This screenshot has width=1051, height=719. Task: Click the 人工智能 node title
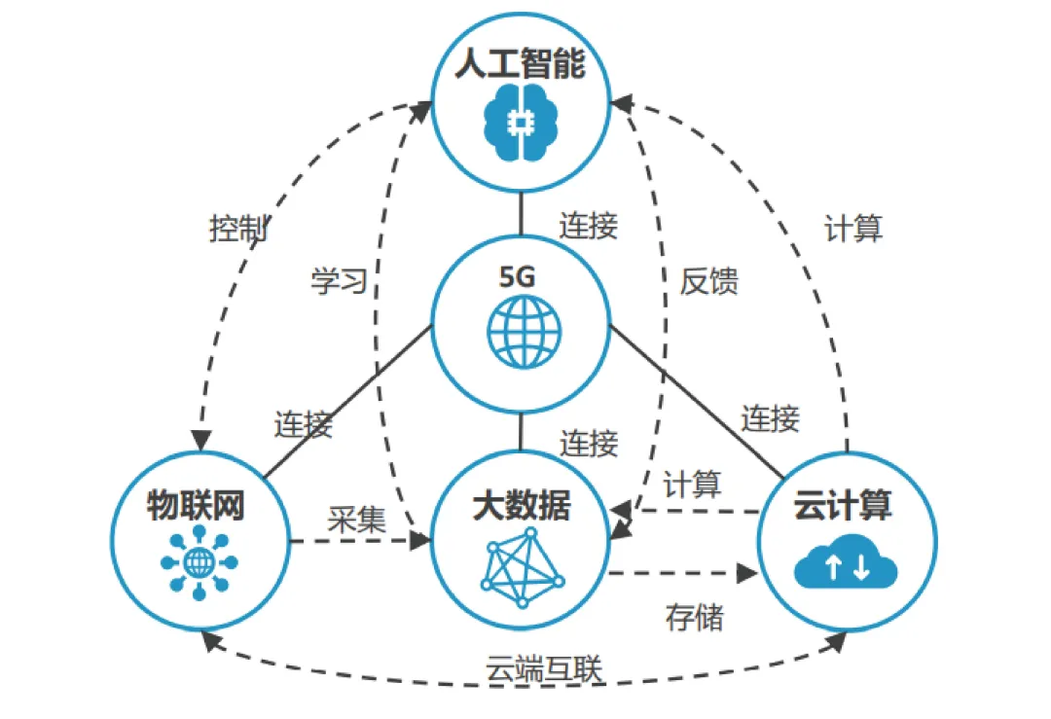click(x=520, y=67)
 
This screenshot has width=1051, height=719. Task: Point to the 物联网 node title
click(x=195, y=506)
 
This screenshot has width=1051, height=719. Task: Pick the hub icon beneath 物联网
click(x=199, y=561)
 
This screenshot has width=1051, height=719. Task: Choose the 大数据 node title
click(x=522, y=506)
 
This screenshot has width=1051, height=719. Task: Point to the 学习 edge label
click(x=339, y=281)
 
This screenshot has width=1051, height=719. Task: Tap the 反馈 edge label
click(x=708, y=281)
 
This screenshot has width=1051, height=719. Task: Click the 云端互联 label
click(x=544, y=669)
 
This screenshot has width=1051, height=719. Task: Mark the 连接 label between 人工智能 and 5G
click(x=588, y=226)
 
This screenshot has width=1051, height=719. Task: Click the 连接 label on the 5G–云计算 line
click(x=771, y=418)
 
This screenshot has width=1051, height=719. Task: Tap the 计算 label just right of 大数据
click(x=692, y=484)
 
